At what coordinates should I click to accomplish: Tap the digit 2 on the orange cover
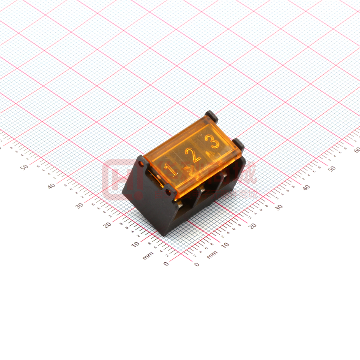pyautogui.click(x=193, y=155)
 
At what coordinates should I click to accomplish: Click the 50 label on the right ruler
pyautogui.click(x=331, y=169)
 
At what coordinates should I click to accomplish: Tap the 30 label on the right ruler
pyautogui.click(x=279, y=207)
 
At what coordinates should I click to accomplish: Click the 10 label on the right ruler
pyautogui.click(x=225, y=245)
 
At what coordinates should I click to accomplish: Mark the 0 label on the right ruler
pyautogui.click(x=197, y=264)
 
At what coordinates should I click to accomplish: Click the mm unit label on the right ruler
pyautogui.click(x=212, y=255)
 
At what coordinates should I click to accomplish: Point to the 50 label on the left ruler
pyautogui.click(x=24, y=167)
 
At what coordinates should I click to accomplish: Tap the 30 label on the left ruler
pyautogui.click(x=79, y=205)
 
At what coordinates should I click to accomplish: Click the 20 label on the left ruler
pyautogui.click(x=107, y=225)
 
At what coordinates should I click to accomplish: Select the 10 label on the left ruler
pyautogui.click(x=135, y=244)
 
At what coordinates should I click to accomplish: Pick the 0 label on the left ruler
pyautogui.click(x=166, y=264)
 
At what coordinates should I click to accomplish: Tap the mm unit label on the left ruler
pyautogui.click(x=148, y=256)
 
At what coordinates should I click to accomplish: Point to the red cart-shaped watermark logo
pyautogui.click(x=115, y=180)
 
